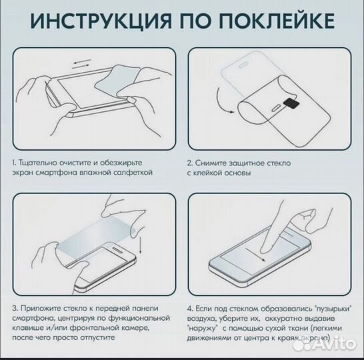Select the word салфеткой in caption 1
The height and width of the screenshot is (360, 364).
pyautogui.click(x=133, y=172)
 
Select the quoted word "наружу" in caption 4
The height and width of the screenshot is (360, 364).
pyautogui.click(x=203, y=329)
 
